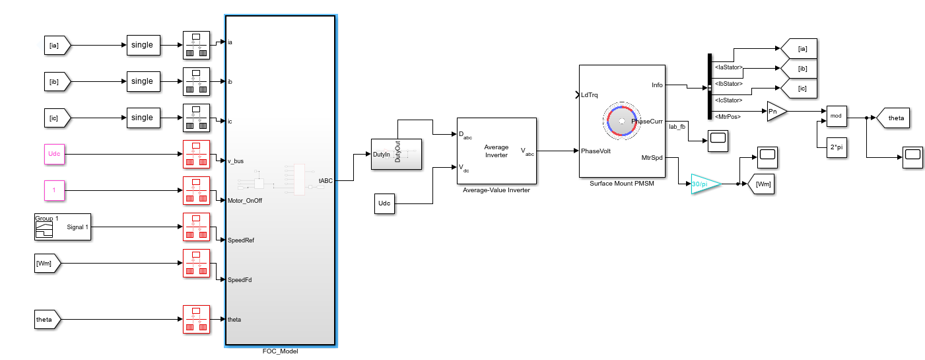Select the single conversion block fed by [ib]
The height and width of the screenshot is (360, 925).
(x=142, y=81)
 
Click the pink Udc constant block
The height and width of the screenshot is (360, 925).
(x=55, y=155)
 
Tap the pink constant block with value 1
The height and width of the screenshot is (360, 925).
(x=55, y=190)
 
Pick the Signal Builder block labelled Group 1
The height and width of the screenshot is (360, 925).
(x=62, y=227)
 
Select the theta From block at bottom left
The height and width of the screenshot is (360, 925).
(x=46, y=320)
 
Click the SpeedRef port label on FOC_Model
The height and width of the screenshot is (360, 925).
(x=240, y=240)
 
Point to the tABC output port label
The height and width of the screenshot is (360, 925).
(x=325, y=180)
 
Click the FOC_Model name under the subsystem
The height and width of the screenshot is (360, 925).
(x=280, y=351)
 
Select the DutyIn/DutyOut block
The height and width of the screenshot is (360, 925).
(x=396, y=155)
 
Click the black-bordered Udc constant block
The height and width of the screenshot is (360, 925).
(x=384, y=204)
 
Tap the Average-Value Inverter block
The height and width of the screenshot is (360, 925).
(x=496, y=151)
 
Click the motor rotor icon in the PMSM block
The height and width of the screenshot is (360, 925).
(x=621, y=121)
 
